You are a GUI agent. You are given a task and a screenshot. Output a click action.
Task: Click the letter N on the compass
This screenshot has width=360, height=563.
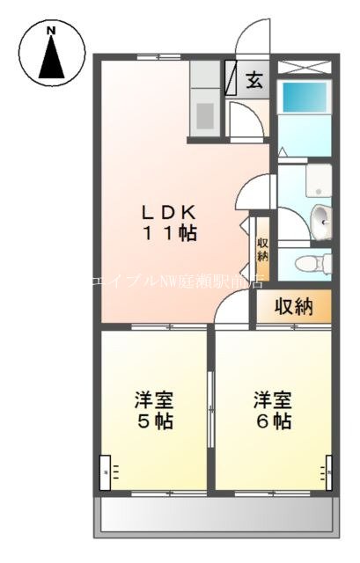point(51,32)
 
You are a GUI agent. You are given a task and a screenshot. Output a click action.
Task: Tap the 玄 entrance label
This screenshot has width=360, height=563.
point(253,81)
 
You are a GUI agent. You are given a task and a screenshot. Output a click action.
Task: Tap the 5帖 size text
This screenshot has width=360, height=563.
point(153,420)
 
